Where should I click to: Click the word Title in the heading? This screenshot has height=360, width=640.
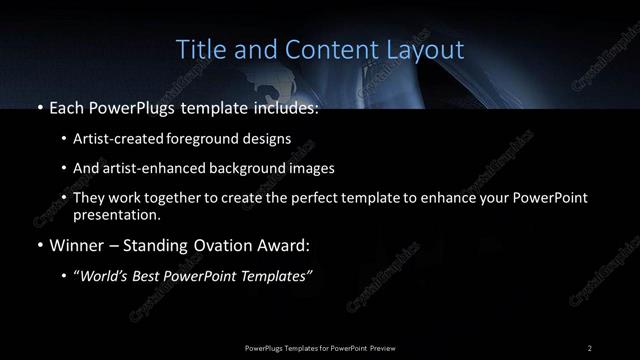[x=199, y=49]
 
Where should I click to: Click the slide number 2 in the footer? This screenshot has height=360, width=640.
[x=589, y=347]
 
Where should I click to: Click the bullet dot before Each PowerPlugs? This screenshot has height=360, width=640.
[x=38, y=108]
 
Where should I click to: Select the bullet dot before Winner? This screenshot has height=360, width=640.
[x=38, y=244]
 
